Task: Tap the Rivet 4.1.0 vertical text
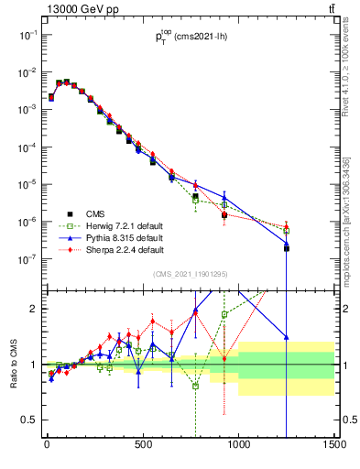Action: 353,69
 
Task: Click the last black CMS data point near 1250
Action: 287,248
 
